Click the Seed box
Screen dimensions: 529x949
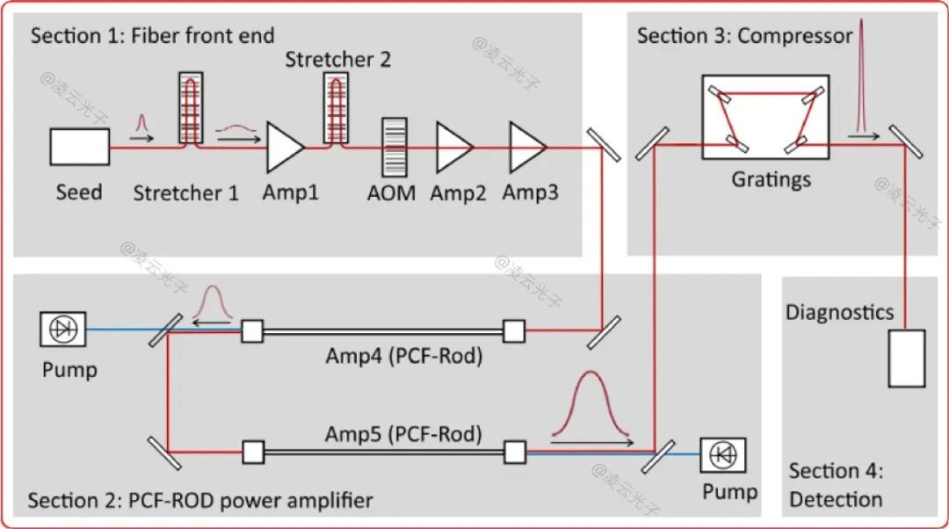pyautogui.click(x=79, y=147)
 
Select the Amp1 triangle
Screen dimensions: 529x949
pyautogui.click(x=284, y=147)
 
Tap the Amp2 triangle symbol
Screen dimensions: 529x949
pyautogui.click(x=453, y=147)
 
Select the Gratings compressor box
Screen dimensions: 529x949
pyautogui.click(x=765, y=117)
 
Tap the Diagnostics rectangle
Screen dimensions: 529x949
pyautogui.click(x=906, y=358)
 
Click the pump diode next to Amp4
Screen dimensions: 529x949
pyautogui.click(x=62, y=330)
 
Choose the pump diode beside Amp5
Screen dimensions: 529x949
pyautogui.click(x=723, y=453)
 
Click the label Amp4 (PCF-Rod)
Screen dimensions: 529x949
pyautogui.click(x=404, y=356)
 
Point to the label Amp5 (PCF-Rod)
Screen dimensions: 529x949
pyautogui.click(x=403, y=433)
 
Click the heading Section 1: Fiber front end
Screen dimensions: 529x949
pyautogui.click(x=153, y=36)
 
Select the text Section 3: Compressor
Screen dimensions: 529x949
pyautogui.click(x=744, y=36)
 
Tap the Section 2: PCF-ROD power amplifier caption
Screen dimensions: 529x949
pyautogui.click(x=200, y=501)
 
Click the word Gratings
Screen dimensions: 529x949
pyautogui.click(x=771, y=179)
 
